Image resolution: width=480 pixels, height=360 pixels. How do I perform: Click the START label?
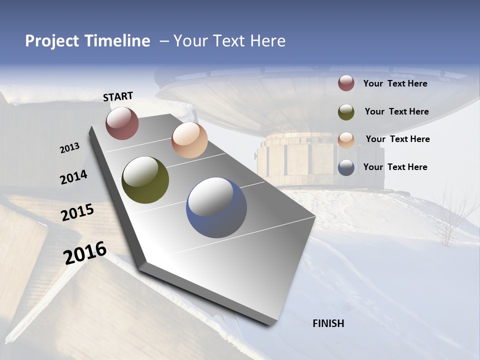pyautogui.click(x=118, y=96)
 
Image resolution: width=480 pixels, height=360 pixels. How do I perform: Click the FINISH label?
pyautogui.click(x=328, y=323)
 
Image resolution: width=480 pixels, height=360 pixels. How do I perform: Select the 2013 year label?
pyautogui.click(x=69, y=148)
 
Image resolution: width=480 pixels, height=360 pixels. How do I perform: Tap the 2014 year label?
pyautogui.click(x=73, y=177)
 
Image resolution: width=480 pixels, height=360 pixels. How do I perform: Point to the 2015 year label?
pyautogui.click(x=77, y=212)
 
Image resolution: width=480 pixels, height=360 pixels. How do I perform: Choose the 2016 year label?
pyautogui.click(x=85, y=252)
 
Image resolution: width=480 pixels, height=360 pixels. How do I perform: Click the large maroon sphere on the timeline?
pyautogui.click(x=122, y=123)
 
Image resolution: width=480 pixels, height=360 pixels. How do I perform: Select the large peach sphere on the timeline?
pyautogui.click(x=189, y=140)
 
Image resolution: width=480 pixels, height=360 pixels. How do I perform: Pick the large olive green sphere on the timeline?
pyautogui.click(x=145, y=180)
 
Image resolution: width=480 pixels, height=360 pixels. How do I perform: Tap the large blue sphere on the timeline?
pyautogui.click(x=216, y=207)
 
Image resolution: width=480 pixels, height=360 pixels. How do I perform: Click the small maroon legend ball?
pyautogui.click(x=346, y=83)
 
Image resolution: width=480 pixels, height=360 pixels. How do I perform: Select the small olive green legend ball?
pyautogui.click(x=346, y=111)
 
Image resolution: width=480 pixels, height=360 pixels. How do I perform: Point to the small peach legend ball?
pyautogui.click(x=346, y=139)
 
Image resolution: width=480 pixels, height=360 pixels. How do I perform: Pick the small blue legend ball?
pyautogui.click(x=346, y=167)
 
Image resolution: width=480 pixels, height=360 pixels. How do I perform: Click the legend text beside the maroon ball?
pyautogui.click(x=395, y=83)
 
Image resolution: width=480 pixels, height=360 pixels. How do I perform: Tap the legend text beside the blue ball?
pyautogui.click(x=395, y=167)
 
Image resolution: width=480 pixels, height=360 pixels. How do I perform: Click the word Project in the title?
pyautogui.click(x=52, y=41)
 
